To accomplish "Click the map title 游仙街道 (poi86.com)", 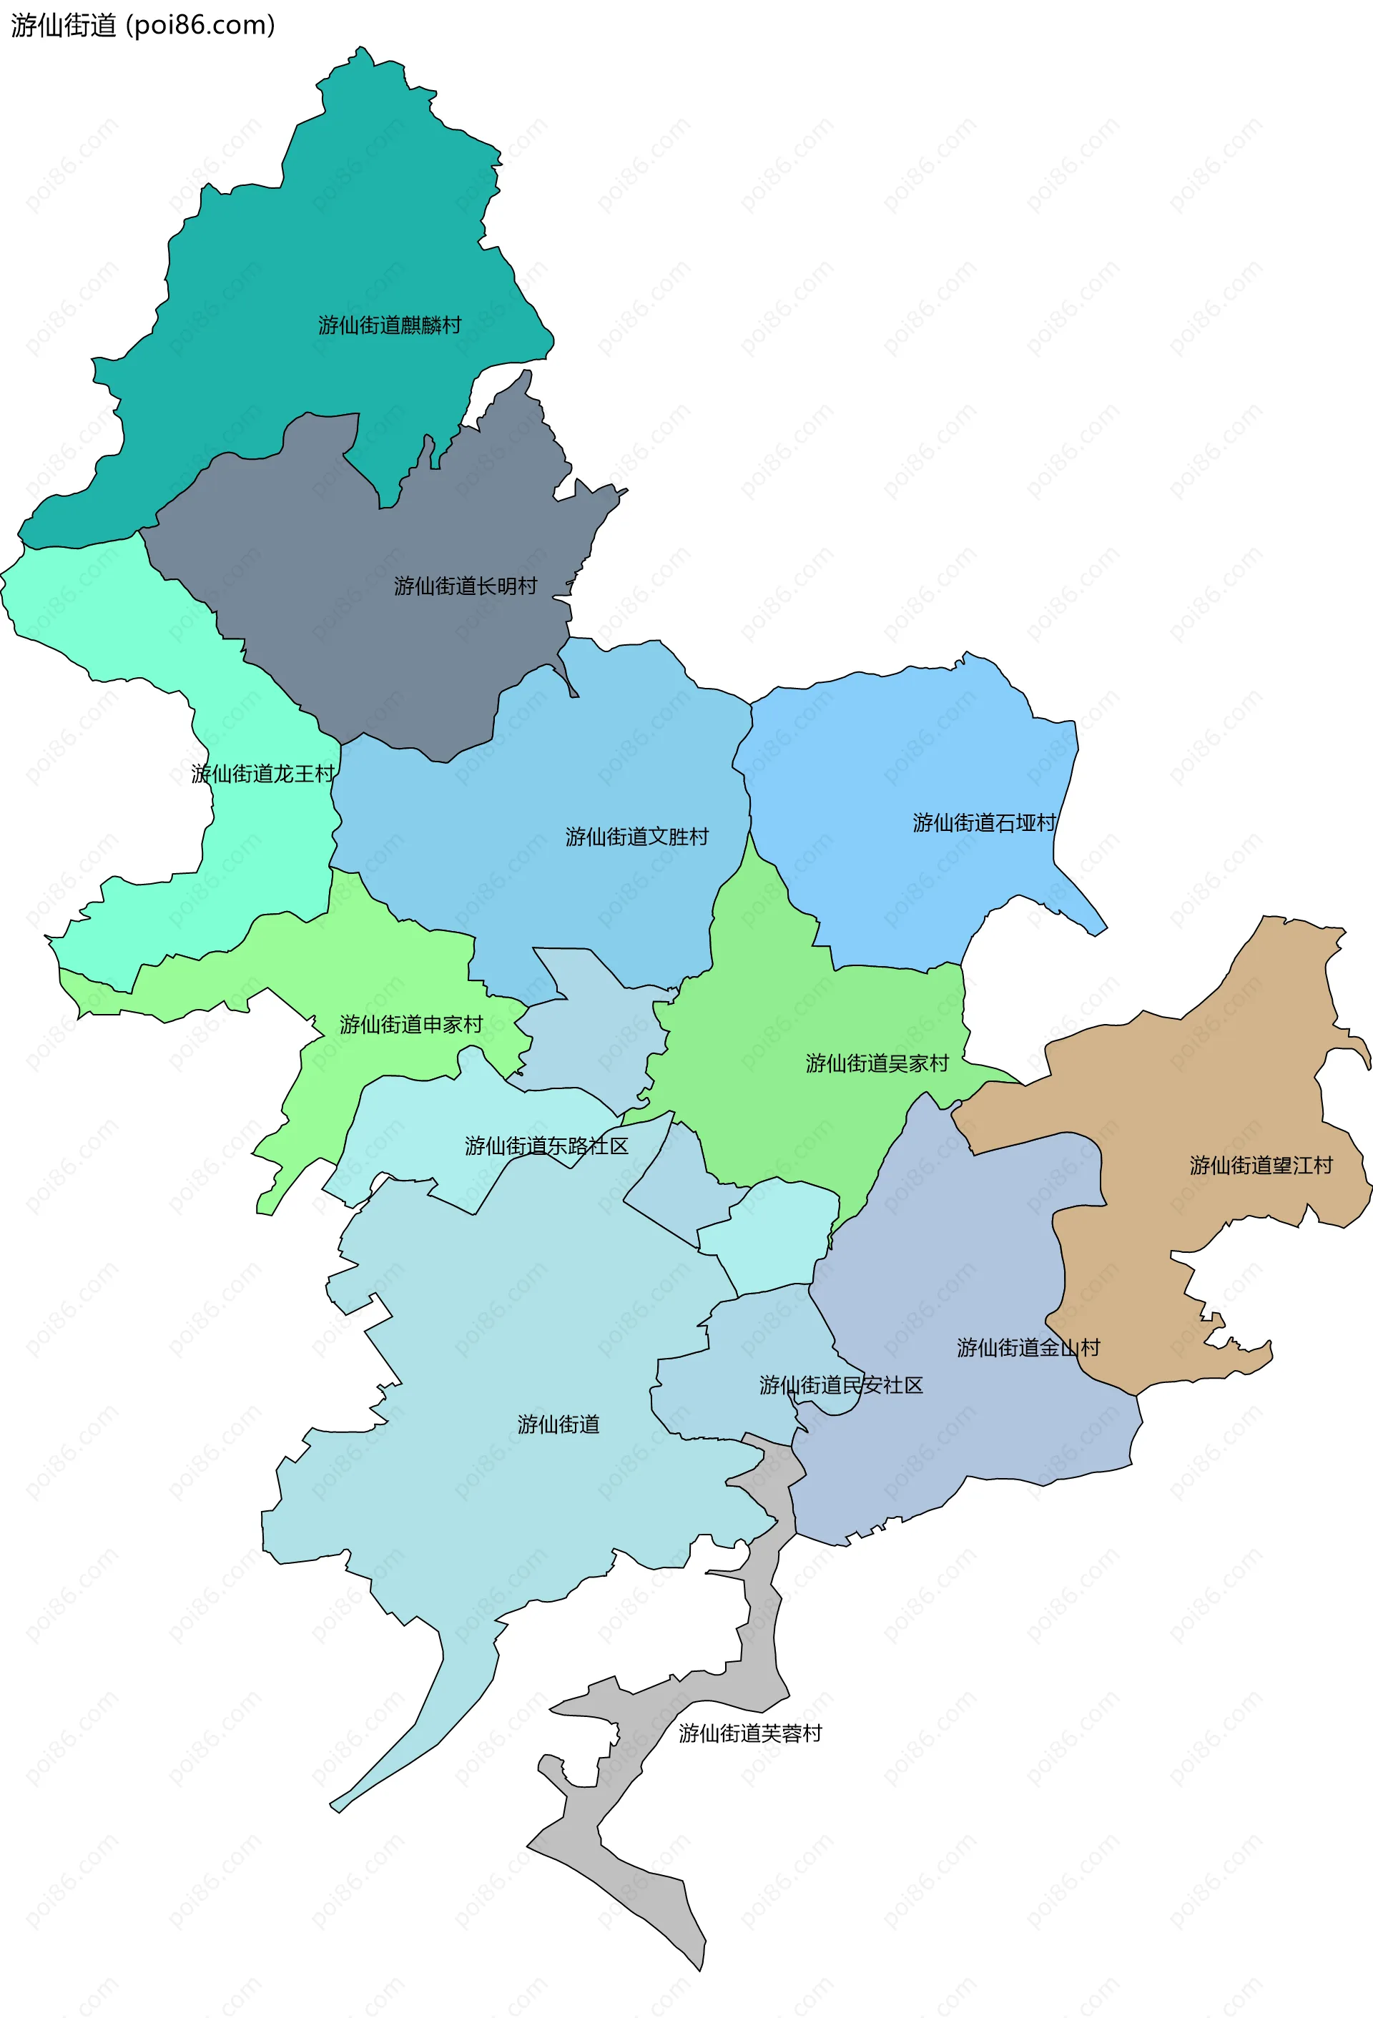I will [143, 25].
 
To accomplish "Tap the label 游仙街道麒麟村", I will [389, 325].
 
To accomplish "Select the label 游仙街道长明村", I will [466, 586].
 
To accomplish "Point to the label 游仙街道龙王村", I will [263, 774].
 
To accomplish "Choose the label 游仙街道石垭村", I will [984, 822].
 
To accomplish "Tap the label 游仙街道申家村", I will [410, 1025].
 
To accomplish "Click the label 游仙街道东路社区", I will [546, 1146].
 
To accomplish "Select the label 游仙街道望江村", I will [1261, 1166].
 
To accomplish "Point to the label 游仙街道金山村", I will [1028, 1348].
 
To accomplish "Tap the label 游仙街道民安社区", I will [841, 1385].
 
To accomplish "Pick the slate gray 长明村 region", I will [417, 660].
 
